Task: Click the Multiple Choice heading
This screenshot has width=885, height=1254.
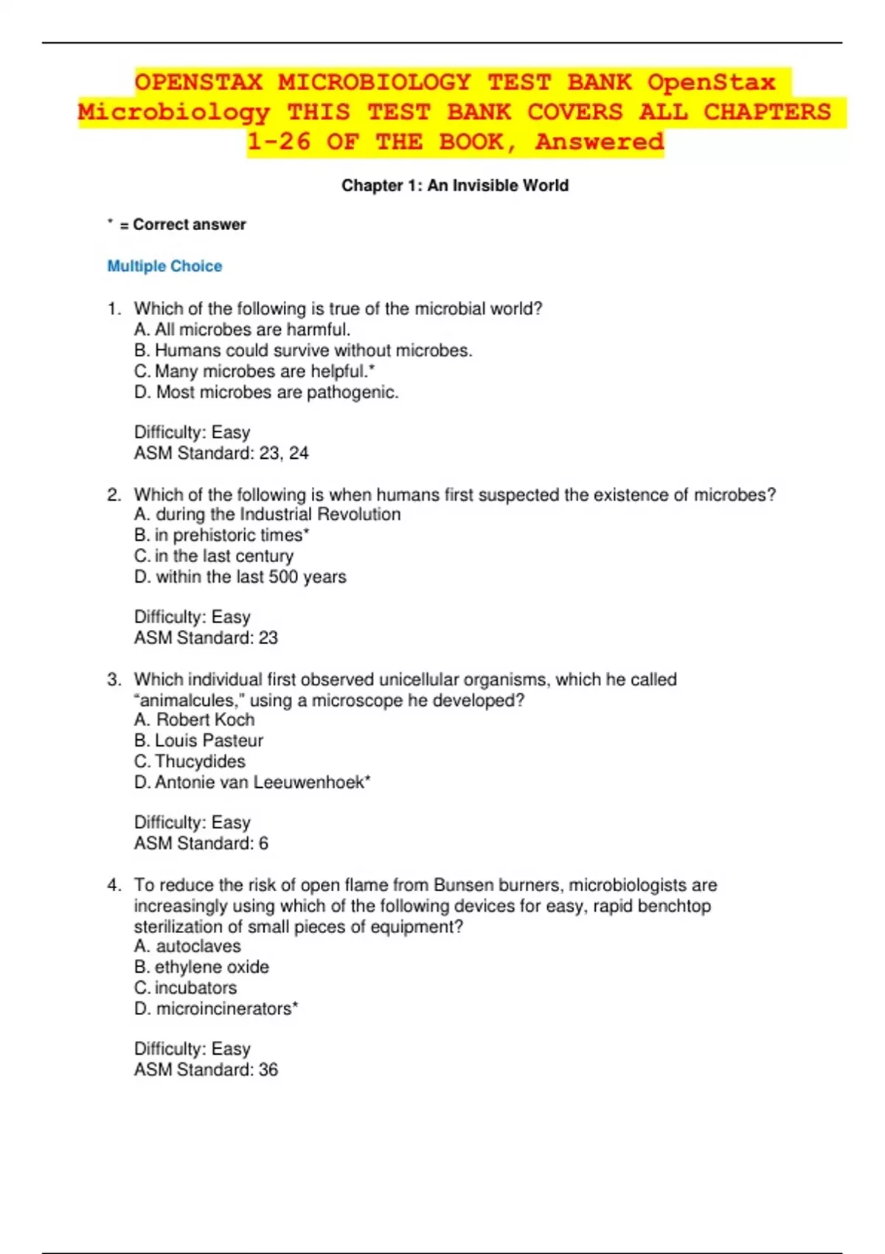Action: [164, 266]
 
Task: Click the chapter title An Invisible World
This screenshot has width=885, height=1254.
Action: [454, 186]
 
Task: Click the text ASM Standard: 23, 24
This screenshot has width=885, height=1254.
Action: [221, 454]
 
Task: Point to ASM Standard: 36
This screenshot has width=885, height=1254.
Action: [206, 1070]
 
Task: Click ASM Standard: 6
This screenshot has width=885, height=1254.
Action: [201, 844]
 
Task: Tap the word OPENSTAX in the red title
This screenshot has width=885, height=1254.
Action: [198, 83]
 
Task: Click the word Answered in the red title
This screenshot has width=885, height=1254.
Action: [600, 142]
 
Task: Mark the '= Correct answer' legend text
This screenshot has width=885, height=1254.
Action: [182, 225]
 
